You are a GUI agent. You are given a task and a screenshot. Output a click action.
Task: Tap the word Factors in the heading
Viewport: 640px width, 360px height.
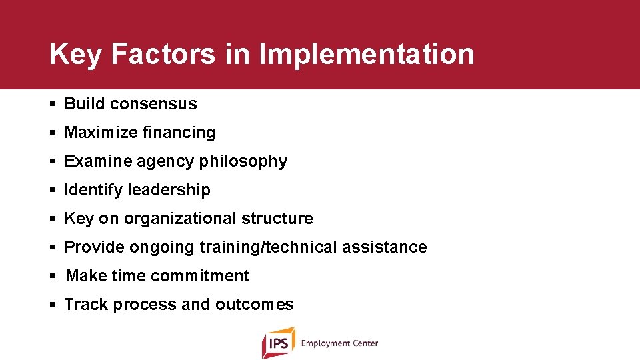click(163, 55)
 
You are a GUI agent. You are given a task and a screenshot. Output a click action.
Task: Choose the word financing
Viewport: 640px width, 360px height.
click(177, 133)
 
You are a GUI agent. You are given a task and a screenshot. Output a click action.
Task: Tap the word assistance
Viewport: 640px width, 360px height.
click(384, 247)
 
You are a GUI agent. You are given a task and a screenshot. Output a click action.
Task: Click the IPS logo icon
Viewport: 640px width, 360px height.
click(278, 343)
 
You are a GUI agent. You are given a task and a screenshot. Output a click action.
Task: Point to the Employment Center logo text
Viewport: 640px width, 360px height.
click(339, 343)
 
